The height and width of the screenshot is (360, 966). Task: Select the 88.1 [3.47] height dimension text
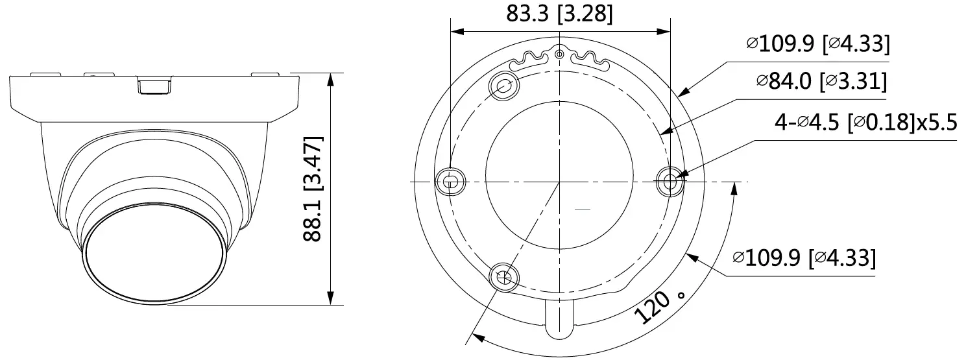coord(313,189)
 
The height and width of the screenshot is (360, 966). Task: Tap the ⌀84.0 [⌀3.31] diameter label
coord(821,82)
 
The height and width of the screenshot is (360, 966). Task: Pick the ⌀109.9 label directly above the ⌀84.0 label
coord(817,44)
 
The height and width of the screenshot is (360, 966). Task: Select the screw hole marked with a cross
coord(504,278)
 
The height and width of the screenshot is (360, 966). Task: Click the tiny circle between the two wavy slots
coord(560,54)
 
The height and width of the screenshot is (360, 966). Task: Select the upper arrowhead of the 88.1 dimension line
coord(332,80)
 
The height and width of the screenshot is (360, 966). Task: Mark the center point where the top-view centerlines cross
coord(559,181)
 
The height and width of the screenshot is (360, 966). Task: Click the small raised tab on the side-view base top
coord(156,85)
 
